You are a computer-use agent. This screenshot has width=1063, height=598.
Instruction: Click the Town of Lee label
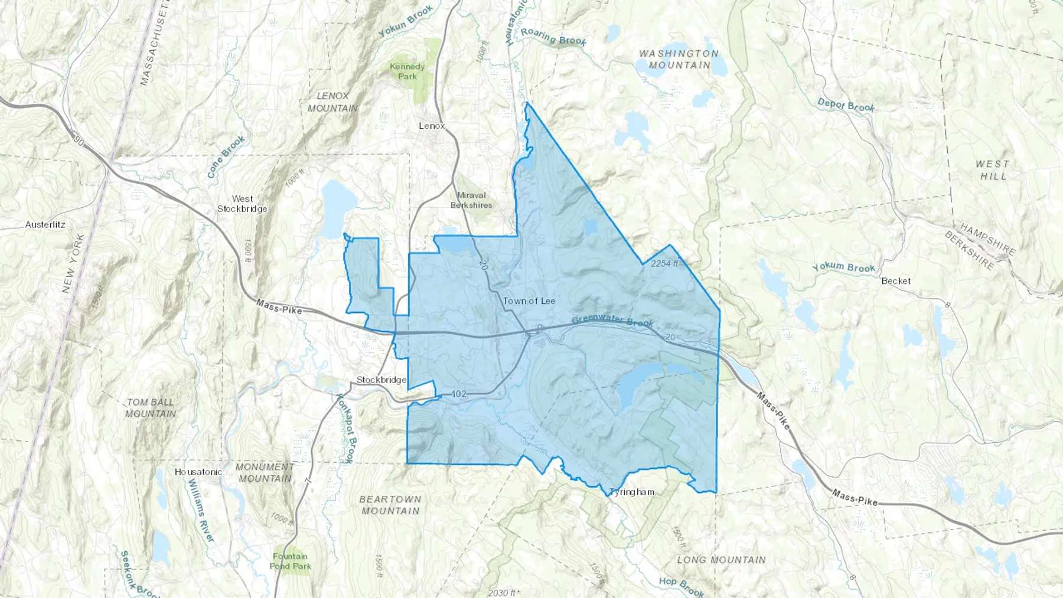[x=529, y=301]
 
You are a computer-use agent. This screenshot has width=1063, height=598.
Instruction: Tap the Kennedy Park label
[x=407, y=71]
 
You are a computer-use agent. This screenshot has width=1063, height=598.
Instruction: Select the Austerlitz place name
[x=45, y=224]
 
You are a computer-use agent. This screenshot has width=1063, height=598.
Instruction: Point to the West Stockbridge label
[x=242, y=204]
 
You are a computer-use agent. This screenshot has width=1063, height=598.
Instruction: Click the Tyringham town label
[x=632, y=492]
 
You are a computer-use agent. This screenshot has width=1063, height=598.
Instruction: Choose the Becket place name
[x=896, y=281]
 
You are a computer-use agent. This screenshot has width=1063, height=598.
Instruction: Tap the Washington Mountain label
[x=679, y=59]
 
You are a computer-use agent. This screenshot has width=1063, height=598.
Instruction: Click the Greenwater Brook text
[x=612, y=322]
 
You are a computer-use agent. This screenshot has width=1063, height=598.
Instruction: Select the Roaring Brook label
[x=553, y=37]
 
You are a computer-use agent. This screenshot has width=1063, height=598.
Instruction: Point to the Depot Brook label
[x=846, y=106]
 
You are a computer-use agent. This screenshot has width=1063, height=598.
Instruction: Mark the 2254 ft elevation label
[x=664, y=263]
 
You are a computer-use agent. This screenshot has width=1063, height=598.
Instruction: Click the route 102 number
[x=459, y=394]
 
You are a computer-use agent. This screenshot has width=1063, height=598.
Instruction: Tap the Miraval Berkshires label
[x=471, y=200]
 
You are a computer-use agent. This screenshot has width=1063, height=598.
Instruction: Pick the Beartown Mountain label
[x=390, y=505]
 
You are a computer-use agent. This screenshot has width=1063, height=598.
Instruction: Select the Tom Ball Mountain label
[x=151, y=408]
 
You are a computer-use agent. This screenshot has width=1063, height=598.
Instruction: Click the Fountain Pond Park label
[x=290, y=561]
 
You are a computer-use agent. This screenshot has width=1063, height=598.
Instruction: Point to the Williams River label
[x=201, y=510]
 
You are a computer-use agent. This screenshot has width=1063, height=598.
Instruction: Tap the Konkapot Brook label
[x=345, y=428]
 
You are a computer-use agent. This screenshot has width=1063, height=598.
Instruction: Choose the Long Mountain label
[x=721, y=560]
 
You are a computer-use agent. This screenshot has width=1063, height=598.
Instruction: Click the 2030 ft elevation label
[x=504, y=592]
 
